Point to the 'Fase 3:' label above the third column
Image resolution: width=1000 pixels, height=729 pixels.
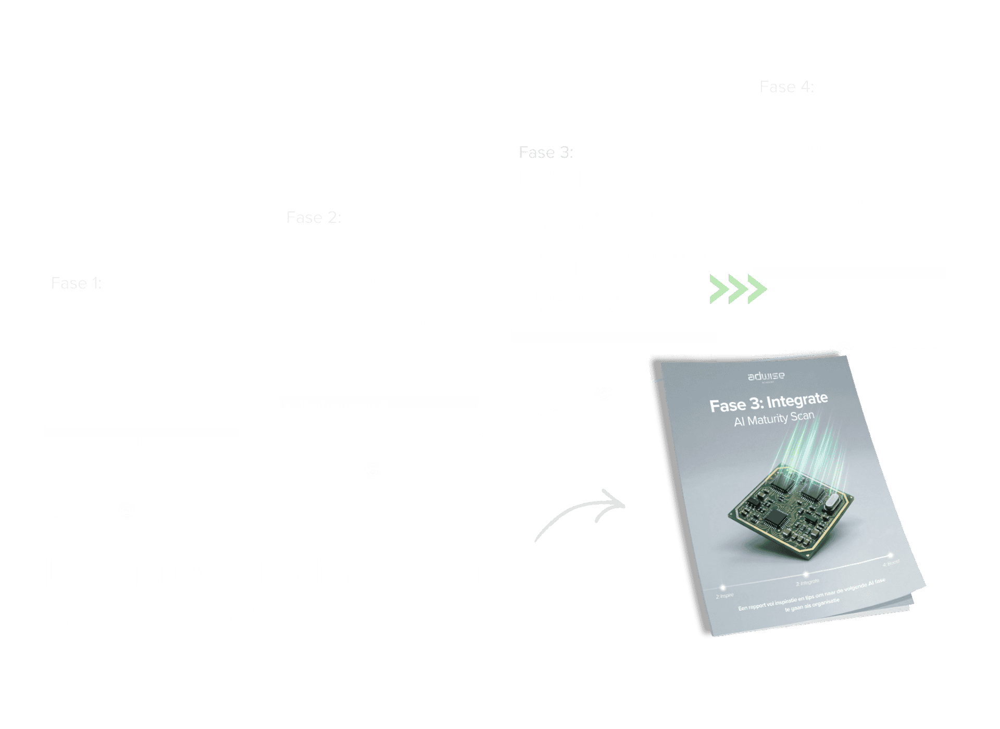click(x=546, y=152)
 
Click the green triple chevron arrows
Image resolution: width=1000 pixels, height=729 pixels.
click(x=738, y=289)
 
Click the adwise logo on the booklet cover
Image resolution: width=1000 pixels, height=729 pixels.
click(x=766, y=376)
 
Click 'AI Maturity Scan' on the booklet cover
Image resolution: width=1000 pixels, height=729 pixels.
click(x=774, y=419)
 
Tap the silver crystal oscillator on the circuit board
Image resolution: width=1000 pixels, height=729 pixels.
click(x=831, y=502)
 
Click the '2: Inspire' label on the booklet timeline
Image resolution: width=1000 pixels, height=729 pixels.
click(x=724, y=595)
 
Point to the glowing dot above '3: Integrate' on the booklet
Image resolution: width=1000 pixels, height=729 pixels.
click(x=806, y=574)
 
